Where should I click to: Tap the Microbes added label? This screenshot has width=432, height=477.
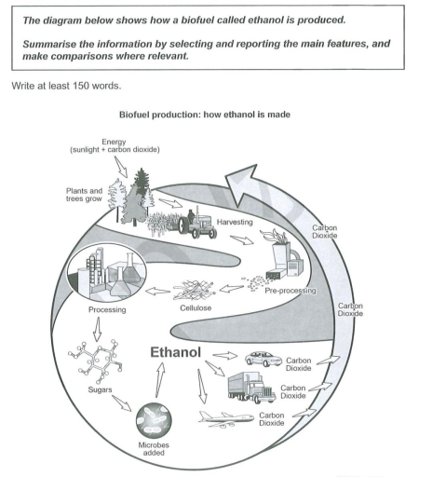pos(155,459)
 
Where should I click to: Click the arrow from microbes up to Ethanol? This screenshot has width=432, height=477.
pos(161,380)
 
